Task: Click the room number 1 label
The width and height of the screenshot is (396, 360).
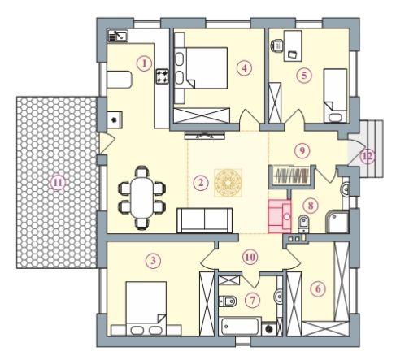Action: [x=144, y=63]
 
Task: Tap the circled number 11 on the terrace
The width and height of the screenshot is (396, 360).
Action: [x=58, y=183]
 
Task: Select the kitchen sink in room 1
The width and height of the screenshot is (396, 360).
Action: [x=118, y=36]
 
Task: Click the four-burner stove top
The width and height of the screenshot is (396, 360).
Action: [x=162, y=76]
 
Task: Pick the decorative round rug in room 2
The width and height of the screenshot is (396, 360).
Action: [x=228, y=182]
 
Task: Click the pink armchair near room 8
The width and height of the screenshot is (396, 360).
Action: [x=280, y=216]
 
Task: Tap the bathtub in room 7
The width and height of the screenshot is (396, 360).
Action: [x=239, y=327]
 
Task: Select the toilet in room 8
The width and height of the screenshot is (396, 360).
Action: [x=303, y=223]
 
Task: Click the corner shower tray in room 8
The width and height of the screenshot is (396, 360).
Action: [x=337, y=222]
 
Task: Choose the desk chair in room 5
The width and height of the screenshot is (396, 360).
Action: [x=277, y=46]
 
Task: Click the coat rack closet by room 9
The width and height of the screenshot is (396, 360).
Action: [x=292, y=176]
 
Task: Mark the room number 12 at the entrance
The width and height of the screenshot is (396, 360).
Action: [x=368, y=156]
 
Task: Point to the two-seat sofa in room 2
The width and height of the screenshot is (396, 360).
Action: [x=205, y=220]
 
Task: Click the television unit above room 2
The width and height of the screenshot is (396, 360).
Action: [x=205, y=135]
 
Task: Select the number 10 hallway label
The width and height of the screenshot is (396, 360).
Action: [x=250, y=257]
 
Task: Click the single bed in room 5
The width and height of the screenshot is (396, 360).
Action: [x=335, y=95]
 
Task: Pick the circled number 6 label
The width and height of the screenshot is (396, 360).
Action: [x=318, y=288]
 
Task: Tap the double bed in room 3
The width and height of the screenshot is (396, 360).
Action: [x=146, y=308]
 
